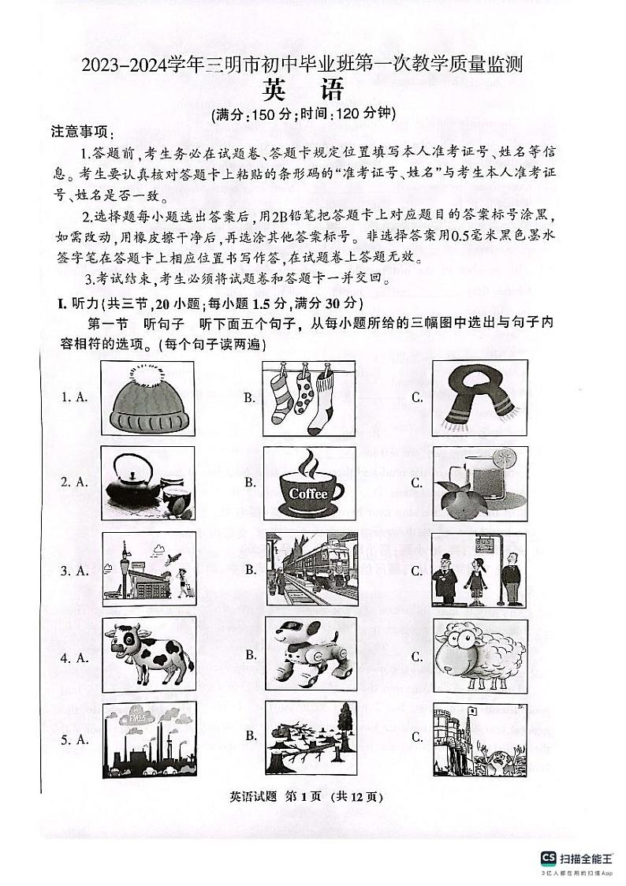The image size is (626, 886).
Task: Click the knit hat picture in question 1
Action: tap(147, 399)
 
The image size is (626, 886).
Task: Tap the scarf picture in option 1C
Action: tap(475, 398)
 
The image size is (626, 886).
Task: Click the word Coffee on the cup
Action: tap(308, 493)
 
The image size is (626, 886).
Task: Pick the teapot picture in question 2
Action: tap(147, 483)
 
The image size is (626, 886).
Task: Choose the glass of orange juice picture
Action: tap(474, 483)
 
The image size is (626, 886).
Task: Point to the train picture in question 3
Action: tap(311, 568)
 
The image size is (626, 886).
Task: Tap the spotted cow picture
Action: tap(147, 655)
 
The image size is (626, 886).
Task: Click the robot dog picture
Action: tap(311, 653)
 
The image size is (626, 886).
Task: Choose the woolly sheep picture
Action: tap(475, 655)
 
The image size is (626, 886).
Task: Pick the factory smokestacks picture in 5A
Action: tap(147, 739)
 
